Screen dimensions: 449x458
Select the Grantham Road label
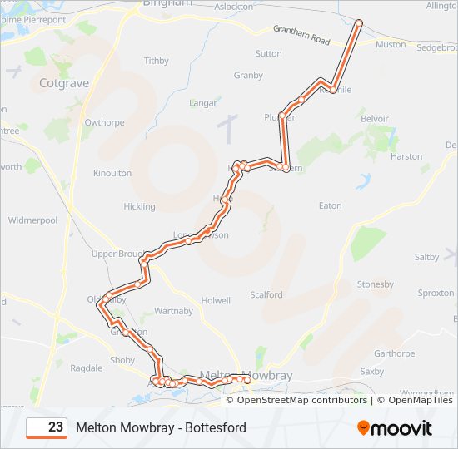click(x=301, y=35)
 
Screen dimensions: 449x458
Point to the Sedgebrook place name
click(x=437, y=47)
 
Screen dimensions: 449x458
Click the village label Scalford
click(x=266, y=294)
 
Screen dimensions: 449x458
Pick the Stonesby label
click(x=375, y=284)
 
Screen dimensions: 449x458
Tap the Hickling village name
click(x=139, y=206)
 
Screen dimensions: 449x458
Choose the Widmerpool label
click(x=32, y=220)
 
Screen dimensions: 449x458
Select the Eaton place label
click(x=331, y=205)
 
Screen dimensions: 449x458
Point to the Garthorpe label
click(x=394, y=353)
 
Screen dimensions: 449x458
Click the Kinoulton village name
click(x=112, y=173)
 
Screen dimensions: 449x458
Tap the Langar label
click(x=203, y=103)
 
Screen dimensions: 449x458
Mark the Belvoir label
click(x=375, y=119)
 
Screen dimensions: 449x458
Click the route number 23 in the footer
click(x=56, y=427)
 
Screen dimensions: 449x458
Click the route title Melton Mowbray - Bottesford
click(x=161, y=427)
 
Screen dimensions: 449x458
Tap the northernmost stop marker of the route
click(x=359, y=22)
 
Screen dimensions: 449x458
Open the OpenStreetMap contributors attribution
click(x=302, y=400)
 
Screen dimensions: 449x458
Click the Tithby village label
click(x=157, y=61)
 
